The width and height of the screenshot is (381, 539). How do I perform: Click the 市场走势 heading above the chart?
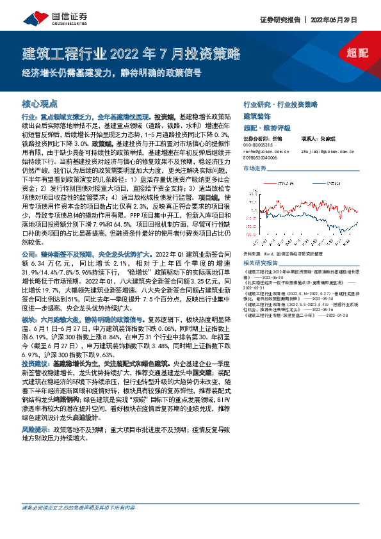(x=255, y=168)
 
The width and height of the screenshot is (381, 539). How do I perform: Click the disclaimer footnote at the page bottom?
(x=78, y=526)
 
